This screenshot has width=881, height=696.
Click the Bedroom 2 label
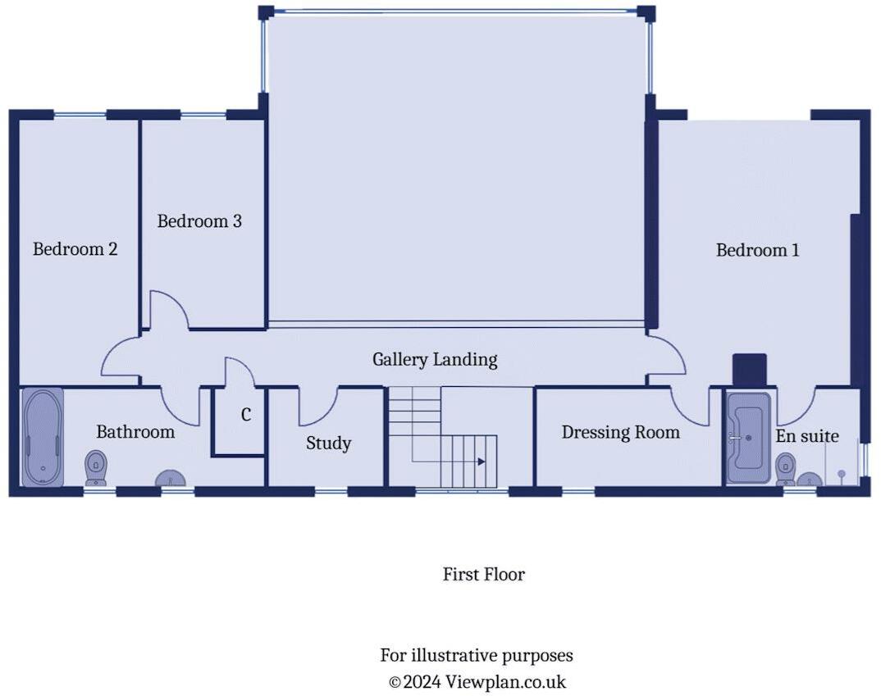75,248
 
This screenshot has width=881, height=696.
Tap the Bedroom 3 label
199,221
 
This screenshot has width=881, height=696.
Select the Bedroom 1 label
757,250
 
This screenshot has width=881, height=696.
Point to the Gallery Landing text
435,360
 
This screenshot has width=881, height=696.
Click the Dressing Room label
621,432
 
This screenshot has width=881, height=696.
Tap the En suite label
807,436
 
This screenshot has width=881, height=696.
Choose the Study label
329,444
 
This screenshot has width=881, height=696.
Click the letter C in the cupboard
246,415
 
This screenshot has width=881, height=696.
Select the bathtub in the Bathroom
43,437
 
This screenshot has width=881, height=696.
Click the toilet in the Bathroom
96,468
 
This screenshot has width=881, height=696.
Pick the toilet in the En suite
786,470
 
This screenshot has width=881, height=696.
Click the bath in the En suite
748,438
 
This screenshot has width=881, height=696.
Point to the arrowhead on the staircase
482,462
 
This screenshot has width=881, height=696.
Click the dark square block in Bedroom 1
750,371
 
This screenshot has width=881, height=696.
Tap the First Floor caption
484,574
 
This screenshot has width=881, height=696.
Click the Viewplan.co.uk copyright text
477,682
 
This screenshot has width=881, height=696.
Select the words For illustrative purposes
477,656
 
